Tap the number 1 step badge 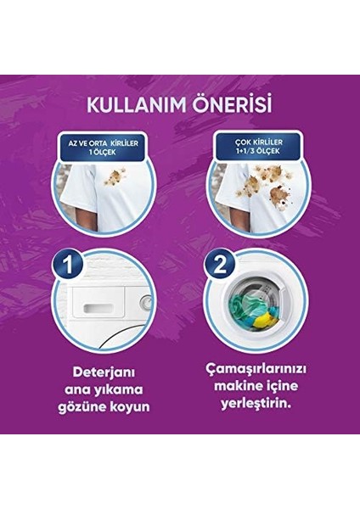pos(69,267)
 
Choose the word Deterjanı pos(102,373)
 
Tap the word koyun pos(128,406)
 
